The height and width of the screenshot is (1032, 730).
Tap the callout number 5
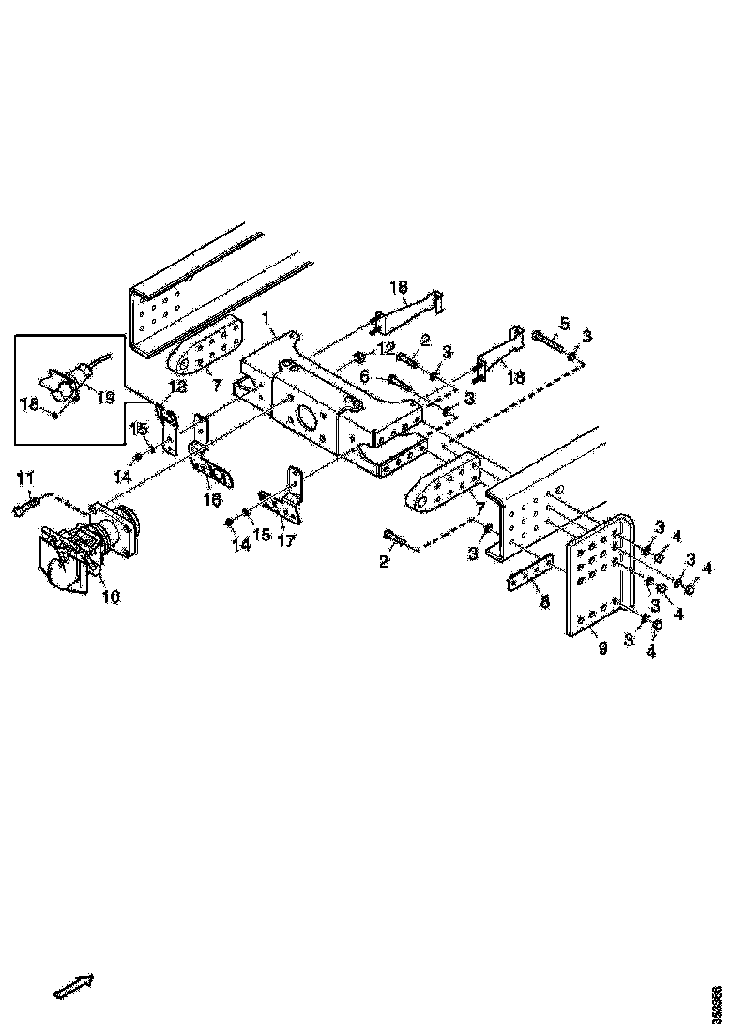click(x=564, y=324)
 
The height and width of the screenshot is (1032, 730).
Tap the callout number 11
click(x=23, y=481)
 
